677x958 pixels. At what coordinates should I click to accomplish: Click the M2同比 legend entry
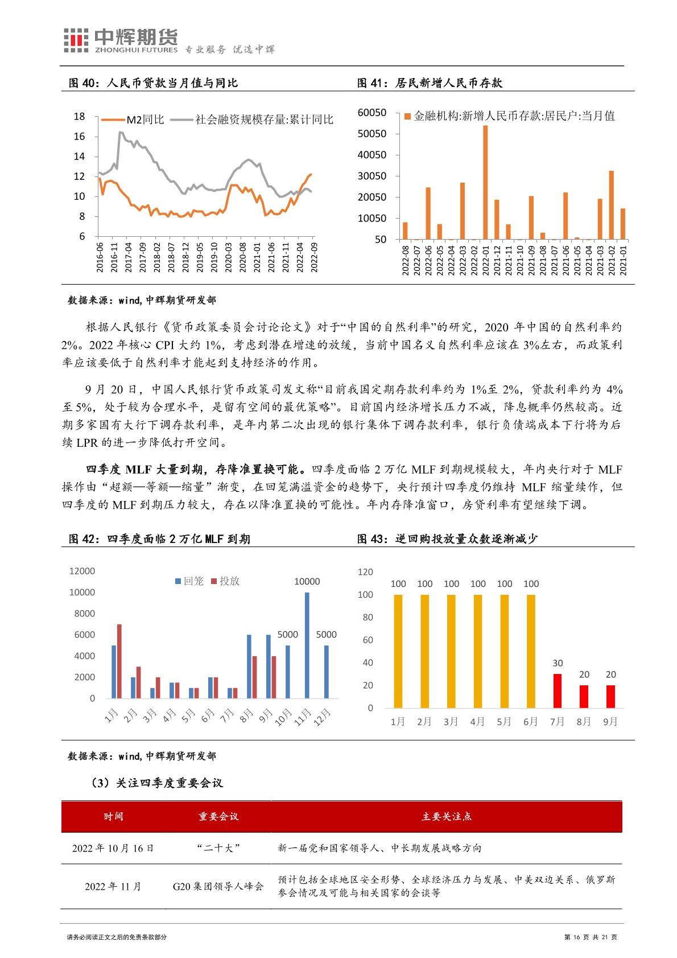132,120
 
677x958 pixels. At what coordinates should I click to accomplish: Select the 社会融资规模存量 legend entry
253,120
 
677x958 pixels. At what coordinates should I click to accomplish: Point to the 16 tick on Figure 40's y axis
80,137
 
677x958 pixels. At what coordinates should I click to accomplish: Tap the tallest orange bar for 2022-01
485,182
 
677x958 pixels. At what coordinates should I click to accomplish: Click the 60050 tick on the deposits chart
371,113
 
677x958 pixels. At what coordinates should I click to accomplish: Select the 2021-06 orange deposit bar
565,216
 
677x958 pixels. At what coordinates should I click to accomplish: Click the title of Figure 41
430,83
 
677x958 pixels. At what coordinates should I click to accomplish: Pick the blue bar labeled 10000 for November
307,645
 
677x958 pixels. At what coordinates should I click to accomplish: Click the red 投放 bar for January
119,661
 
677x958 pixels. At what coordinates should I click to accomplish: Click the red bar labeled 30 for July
558,691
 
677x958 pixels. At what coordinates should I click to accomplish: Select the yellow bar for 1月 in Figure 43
398,651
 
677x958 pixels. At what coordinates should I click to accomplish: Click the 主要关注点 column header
447,816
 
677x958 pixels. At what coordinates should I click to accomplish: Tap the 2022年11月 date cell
113,886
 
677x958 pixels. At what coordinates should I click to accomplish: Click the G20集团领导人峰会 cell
218,886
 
